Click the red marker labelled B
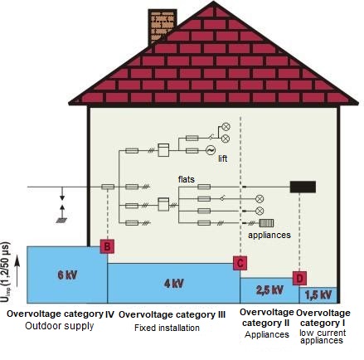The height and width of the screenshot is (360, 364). tap(107, 246)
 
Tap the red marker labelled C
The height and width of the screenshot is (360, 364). tap(240, 263)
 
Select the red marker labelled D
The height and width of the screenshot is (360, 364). tap(299, 278)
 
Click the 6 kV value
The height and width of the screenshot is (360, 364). tap(67, 275)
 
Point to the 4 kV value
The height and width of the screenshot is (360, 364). tap(174, 284)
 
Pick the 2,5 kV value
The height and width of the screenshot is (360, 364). tap(269, 290)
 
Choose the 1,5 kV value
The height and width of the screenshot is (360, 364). tap(318, 295)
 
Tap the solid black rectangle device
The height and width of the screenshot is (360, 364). tap(303, 187)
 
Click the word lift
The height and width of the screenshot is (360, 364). tap(223, 158)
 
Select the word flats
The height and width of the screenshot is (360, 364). tap(187, 179)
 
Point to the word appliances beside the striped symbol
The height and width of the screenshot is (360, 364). tap(269, 236)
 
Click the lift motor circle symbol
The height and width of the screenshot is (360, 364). tap(211, 150)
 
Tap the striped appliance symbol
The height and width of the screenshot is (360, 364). tap(266, 223)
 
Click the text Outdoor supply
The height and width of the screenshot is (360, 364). tap(60, 326)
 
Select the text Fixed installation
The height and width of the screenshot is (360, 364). tap(167, 328)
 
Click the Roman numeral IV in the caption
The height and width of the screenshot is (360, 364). tap(109, 314)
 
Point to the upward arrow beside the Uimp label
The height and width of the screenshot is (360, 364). tap(17, 271)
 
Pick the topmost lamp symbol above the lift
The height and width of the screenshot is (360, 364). tap(226, 127)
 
